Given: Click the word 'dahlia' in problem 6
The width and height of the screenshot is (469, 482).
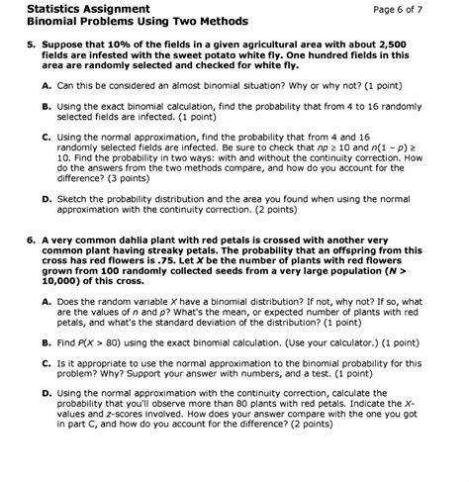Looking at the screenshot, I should (119, 241).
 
